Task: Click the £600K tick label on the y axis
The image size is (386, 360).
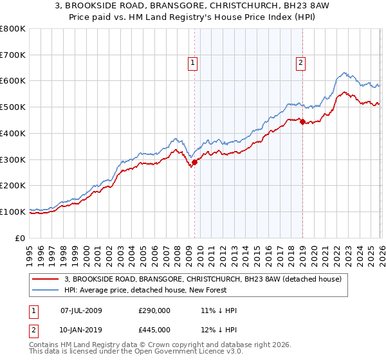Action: point(12,81)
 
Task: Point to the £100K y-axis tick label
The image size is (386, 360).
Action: point(12,212)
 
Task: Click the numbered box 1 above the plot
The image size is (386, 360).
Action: point(194,62)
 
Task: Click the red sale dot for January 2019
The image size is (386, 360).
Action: point(302,122)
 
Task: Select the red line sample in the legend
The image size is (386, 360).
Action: point(46,279)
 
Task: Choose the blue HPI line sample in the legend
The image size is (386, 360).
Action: point(46,290)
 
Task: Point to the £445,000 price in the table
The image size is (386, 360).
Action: point(154,329)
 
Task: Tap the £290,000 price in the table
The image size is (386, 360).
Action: point(154,311)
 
